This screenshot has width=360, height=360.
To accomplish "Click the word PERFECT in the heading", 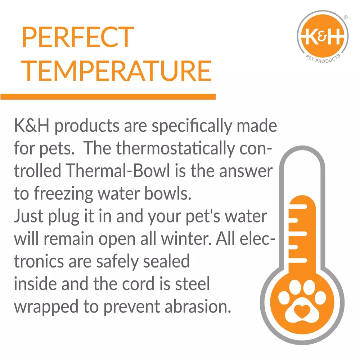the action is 78,37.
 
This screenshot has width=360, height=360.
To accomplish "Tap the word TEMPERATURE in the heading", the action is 116,71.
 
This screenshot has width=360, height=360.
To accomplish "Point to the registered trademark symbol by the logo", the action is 346,17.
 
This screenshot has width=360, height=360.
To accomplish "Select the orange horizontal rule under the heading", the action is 108,96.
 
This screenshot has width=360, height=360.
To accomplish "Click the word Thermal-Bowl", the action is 118,171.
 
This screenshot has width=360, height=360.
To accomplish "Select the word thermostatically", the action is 175,148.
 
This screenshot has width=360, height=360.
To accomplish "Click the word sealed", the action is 166,261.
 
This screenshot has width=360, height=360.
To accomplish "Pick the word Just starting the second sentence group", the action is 28,216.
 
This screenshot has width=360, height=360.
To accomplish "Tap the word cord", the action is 138,284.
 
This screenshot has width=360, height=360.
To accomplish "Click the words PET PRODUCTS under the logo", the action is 323,59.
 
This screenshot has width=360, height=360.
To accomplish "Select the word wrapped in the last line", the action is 46,307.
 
